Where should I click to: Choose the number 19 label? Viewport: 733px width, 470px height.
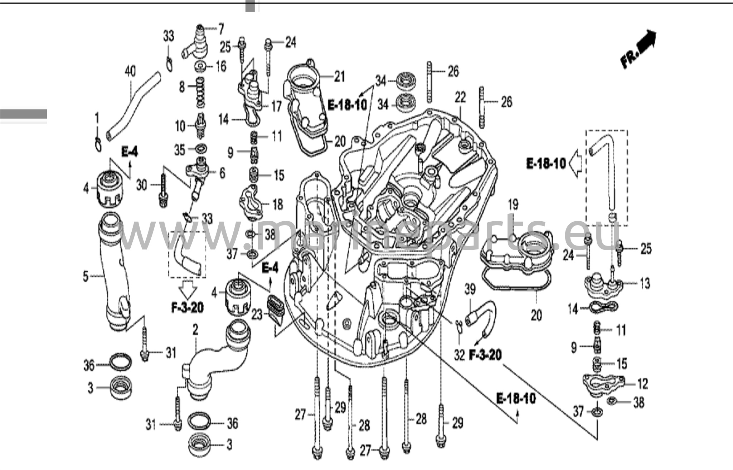click(513, 205)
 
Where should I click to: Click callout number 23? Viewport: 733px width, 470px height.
click(256, 315)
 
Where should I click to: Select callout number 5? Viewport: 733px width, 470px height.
click(86, 276)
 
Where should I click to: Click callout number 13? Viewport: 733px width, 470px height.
click(645, 283)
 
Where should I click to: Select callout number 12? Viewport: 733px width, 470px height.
click(642, 384)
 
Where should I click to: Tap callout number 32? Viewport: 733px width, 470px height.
click(459, 355)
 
